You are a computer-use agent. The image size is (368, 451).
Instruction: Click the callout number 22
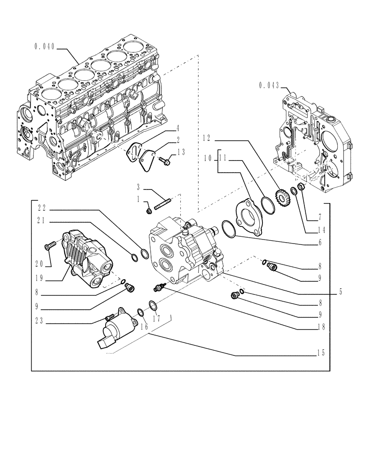point(42,208)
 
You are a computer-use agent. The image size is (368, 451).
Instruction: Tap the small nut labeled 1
point(149,210)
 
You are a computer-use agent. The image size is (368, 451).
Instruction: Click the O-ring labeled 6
point(229,229)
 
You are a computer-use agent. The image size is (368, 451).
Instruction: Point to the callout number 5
point(341,291)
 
